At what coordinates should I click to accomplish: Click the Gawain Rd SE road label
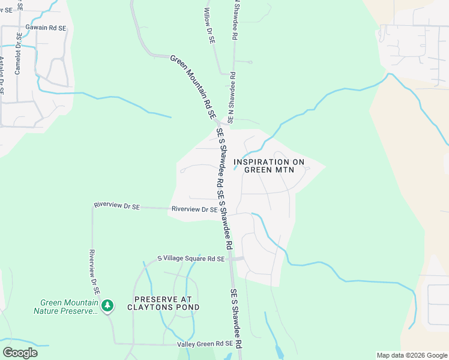tap(45, 28)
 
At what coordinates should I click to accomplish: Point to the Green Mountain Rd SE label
tap(193, 86)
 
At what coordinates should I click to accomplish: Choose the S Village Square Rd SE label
tap(191, 259)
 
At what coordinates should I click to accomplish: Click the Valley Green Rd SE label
tap(205, 344)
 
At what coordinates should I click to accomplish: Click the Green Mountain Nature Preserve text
tap(66, 307)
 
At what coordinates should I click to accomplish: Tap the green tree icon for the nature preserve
tap(107, 306)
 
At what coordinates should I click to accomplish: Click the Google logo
tap(20, 353)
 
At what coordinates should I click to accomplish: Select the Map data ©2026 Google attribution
tap(411, 355)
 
